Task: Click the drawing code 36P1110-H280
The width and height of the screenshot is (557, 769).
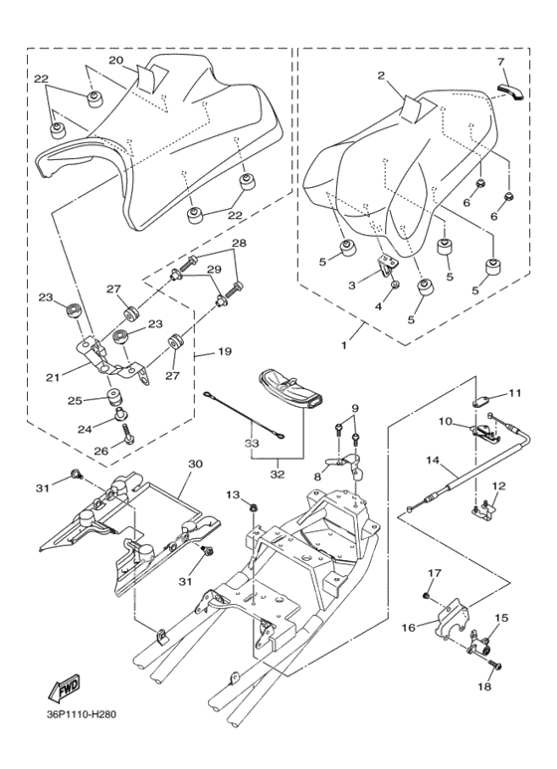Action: (x=80, y=714)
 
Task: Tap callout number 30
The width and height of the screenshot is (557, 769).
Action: (x=195, y=464)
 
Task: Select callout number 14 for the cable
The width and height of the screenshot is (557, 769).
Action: (x=433, y=460)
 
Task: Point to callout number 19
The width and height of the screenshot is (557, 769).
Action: (x=226, y=351)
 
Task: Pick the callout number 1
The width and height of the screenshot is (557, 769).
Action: (x=345, y=345)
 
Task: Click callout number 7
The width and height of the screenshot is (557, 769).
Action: (x=500, y=63)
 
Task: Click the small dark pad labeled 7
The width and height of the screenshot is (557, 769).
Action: (x=510, y=91)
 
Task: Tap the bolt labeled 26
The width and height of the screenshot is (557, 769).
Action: (x=126, y=432)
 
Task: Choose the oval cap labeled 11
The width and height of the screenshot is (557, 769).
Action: (x=481, y=402)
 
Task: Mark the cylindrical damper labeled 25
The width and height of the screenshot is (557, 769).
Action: (x=115, y=394)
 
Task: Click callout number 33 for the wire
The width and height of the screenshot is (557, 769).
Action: (x=252, y=443)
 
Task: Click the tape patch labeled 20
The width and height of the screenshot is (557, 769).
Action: (x=152, y=78)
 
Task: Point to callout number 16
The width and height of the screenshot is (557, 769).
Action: (x=409, y=627)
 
